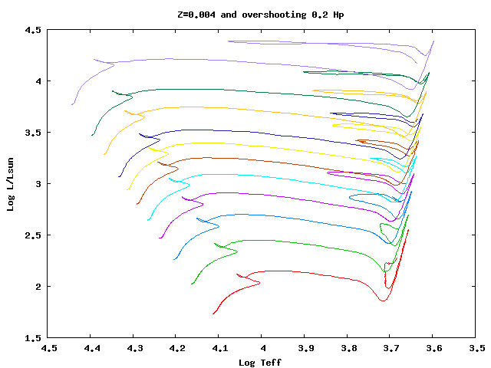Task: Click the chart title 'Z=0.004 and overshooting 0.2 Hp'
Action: (262, 15)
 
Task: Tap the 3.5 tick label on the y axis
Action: (31, 133)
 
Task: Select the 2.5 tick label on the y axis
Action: (31, 235)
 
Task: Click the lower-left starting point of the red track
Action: (213, 314)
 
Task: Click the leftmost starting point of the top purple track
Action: (73, 104)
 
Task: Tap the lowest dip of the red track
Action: (382, 301)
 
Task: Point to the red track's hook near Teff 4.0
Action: (259, 283)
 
